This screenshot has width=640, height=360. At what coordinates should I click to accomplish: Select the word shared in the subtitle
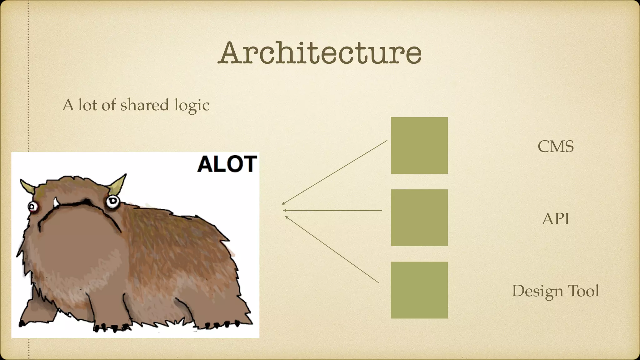(x=145, y=105)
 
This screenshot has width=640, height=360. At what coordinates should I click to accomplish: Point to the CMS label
(x=555, y=146)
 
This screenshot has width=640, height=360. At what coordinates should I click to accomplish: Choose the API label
(x=555, y=218)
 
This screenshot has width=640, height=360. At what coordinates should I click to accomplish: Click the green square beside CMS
(x=419, y=145)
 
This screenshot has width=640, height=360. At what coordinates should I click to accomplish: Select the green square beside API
(x=419, y=217)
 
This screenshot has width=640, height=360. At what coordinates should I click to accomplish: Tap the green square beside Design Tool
(x=419, y=290)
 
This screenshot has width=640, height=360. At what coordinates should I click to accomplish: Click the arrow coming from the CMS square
(x=334, y=172)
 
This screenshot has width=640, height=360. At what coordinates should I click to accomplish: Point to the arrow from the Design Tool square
(x=332, y=250)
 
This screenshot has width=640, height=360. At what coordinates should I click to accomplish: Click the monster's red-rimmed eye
(x=32, y=206)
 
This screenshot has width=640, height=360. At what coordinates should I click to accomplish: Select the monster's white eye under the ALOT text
(x=112, y=202)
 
